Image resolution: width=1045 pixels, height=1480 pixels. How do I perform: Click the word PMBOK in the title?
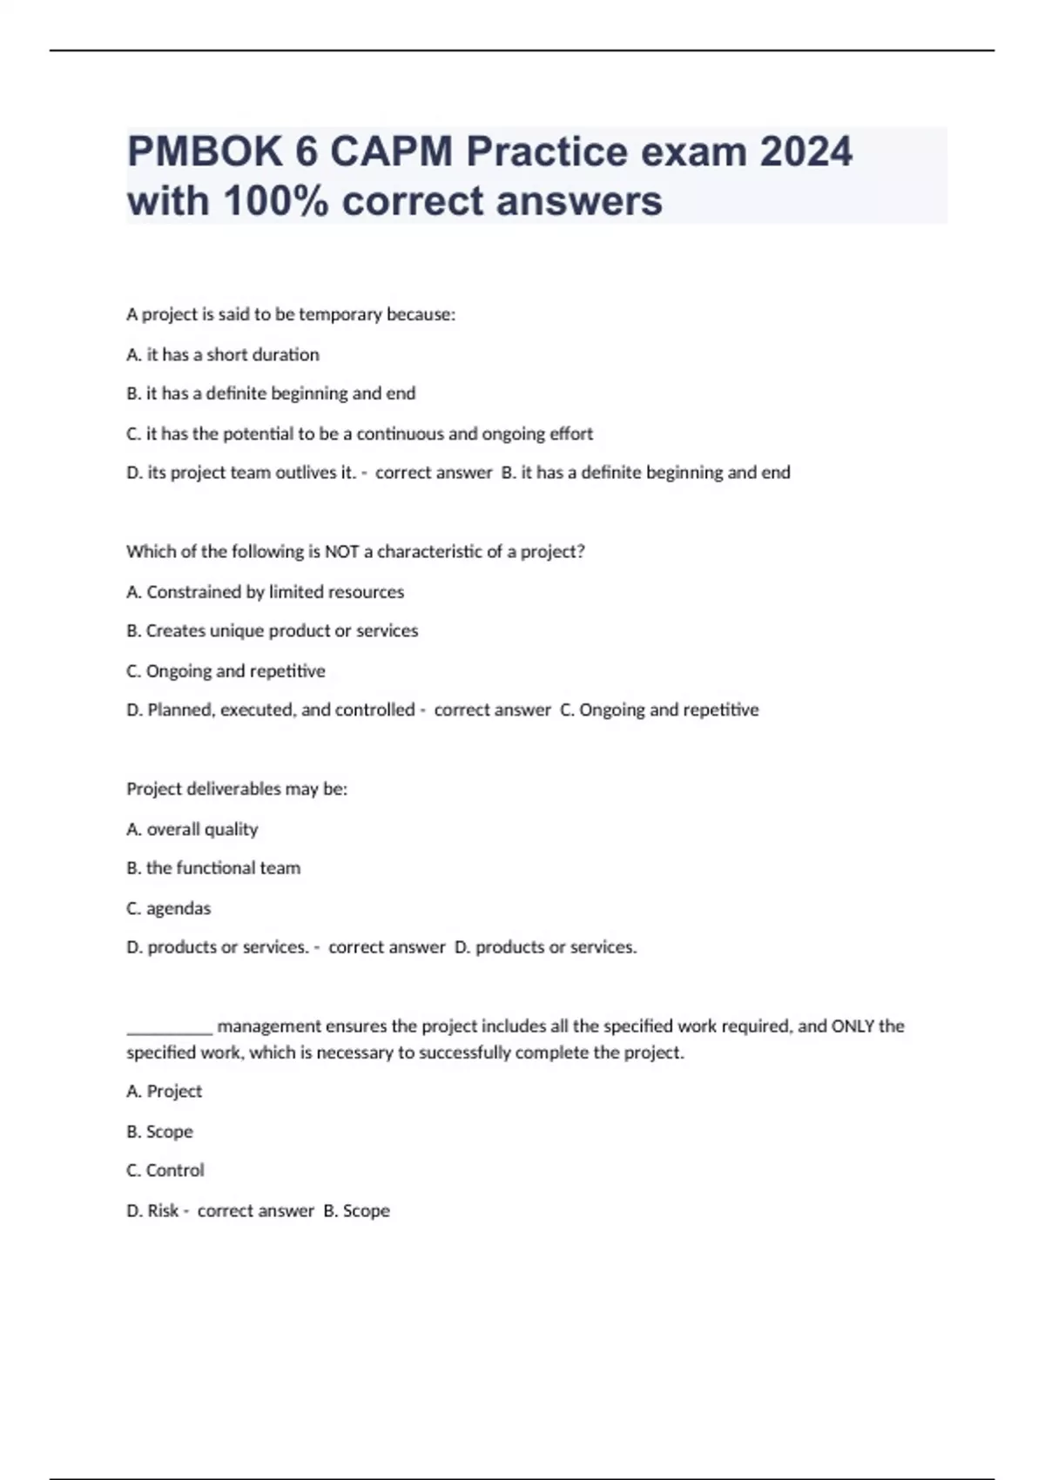[205, 152]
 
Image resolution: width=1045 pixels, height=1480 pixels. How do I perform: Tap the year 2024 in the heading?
[806, 152]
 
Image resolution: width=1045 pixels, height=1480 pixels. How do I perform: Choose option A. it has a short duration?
[223, 354]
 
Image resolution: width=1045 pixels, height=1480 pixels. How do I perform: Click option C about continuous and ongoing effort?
[360, 434]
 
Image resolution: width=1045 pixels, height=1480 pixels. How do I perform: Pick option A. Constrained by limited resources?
[266, 592]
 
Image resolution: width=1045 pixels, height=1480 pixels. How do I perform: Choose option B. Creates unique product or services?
[273, 630]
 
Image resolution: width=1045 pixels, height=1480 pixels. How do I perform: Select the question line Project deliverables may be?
[237, 789]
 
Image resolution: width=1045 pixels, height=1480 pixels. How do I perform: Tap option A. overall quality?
[192, 829]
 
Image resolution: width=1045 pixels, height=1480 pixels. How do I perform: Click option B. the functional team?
[213, 868]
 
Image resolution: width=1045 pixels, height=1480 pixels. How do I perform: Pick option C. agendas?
[169, 908]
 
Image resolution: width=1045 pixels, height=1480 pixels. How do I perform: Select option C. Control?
[165, 1170]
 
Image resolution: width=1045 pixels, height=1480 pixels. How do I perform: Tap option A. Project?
[165, 1091]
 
